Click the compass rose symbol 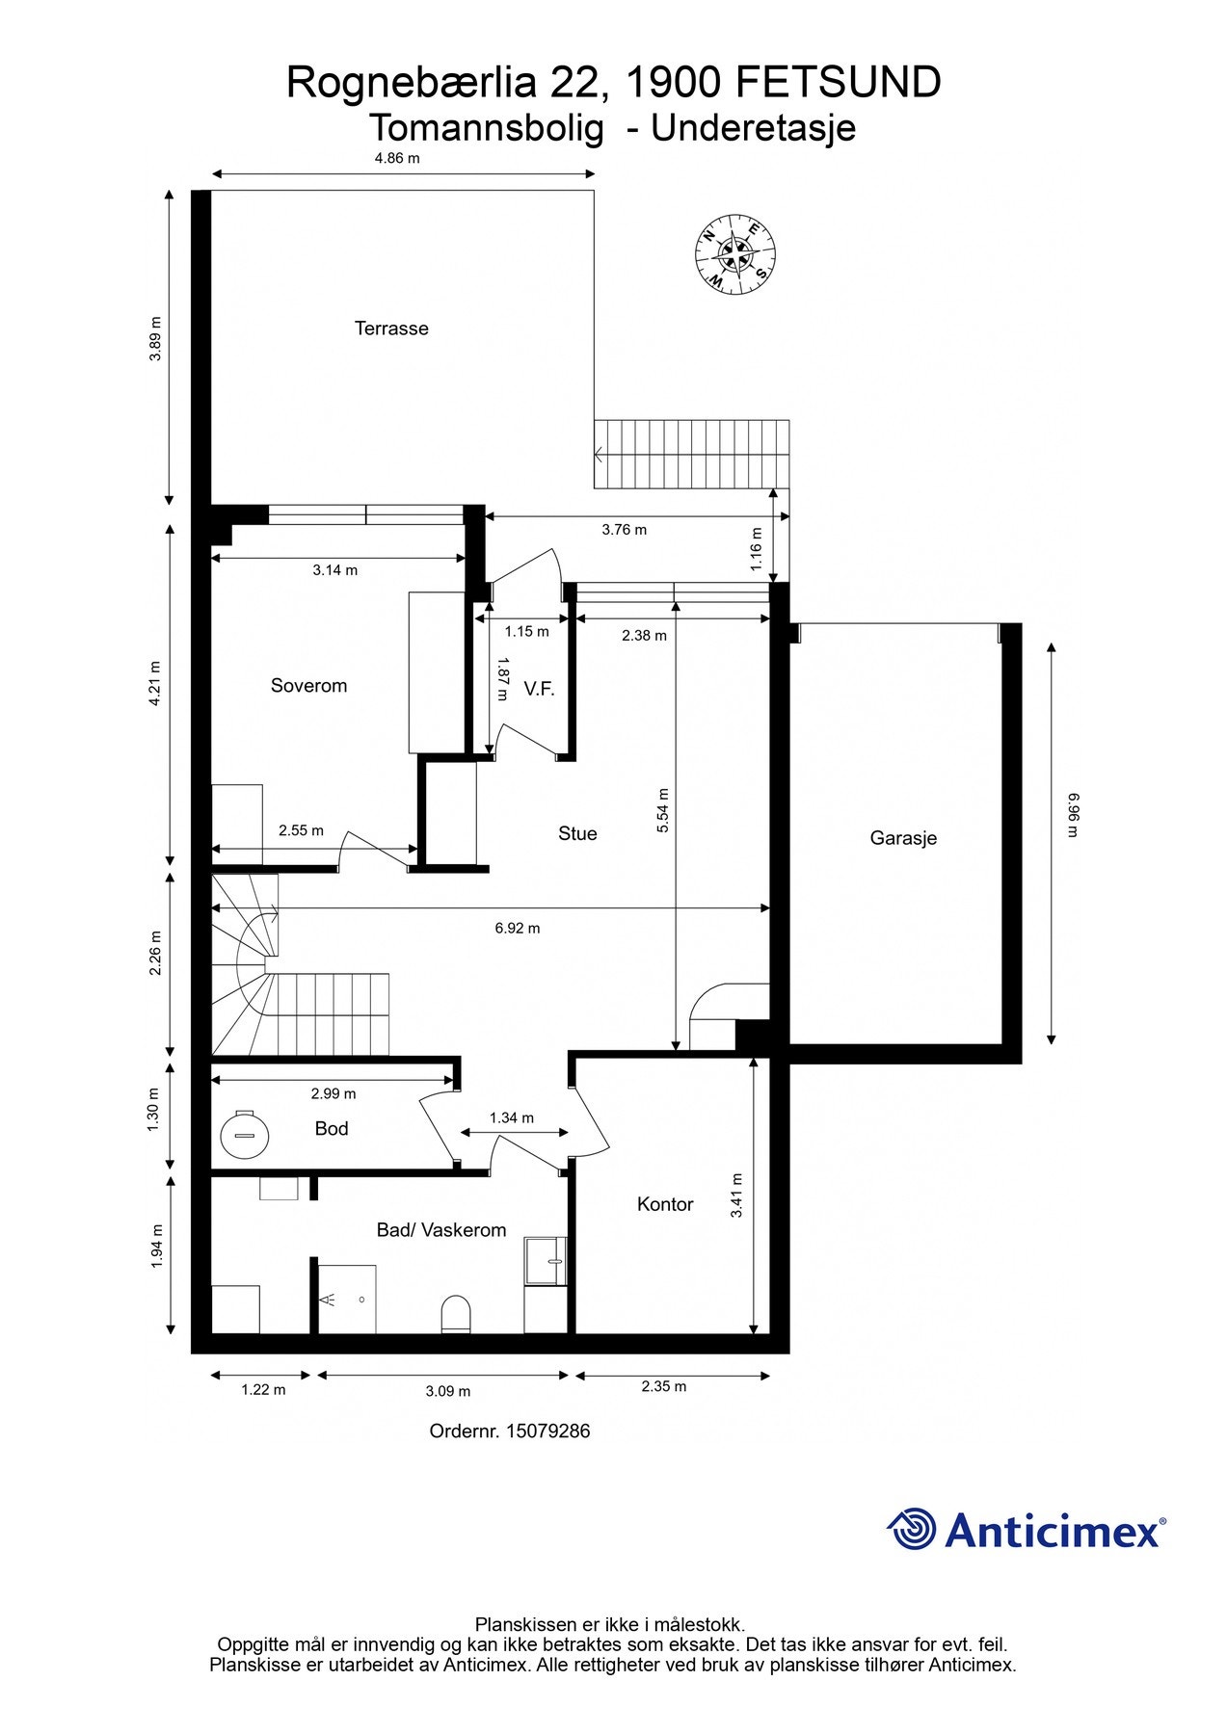click(x=735, y=254)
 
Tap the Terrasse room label click(x=391, y=328)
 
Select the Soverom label click(x=308, y=686)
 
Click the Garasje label click(x=903, y=838)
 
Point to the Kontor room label click(x=665, y=1204)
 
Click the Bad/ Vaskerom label click(x=441, y=1230)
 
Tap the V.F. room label click(x=539, y=689)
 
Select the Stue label click(x=577, y=833)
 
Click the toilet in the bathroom click(x=456, y=1315)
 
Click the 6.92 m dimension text click(x=518, y=929)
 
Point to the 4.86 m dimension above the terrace click(x=397, y=158)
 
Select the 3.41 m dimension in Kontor click(x=736, y=1195)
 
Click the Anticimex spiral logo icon click(x=912, y=1529)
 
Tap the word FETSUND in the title click(x=839, y=84)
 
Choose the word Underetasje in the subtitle click(x=754, y=128)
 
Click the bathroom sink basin click(x=547, y=1262)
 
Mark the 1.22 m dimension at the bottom click(x=263, y=1390)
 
